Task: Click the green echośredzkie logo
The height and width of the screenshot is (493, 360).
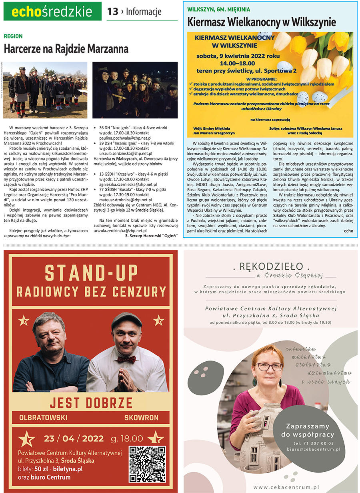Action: coord(52,12)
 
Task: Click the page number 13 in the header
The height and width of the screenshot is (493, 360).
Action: coord(113,12)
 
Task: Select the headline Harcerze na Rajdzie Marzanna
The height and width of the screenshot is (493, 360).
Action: coord(66,49)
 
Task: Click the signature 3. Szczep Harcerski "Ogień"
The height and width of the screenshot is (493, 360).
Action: coord(151,235)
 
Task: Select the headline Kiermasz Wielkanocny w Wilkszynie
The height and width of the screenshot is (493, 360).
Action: coord(262,22)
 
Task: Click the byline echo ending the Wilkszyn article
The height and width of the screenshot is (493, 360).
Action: coord(348,231)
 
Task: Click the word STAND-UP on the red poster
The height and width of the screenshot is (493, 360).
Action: coord(91,273)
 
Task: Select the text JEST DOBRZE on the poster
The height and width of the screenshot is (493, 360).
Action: coord(91,402)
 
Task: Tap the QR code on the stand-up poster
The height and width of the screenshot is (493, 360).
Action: coord(147,464)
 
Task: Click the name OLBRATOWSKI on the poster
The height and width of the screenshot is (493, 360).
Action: coord(43,418)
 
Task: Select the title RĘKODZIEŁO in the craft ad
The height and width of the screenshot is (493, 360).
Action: coord(271,266)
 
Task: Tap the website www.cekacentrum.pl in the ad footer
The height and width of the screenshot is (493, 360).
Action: coord(286,487)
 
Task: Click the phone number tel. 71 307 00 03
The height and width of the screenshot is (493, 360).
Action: coord(313,443)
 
